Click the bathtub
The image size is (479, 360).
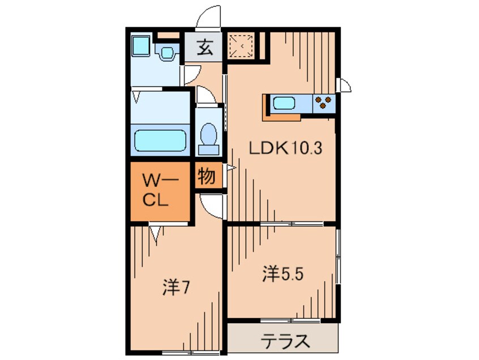point(160,140)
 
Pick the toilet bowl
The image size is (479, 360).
point(209,138)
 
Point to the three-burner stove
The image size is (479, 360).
point(324,102)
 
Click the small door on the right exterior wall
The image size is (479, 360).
point(344,84)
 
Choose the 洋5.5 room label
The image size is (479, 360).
point(284,275)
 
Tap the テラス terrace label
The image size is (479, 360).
point(285,341)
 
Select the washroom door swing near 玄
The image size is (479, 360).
point(191,74)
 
